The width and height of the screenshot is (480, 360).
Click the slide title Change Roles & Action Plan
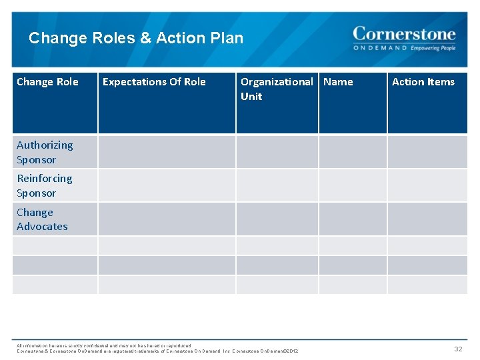click(x=136, y=38)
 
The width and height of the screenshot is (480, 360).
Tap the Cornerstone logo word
click(x=404, y=34)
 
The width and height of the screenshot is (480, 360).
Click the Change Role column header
click(x=47, y=82)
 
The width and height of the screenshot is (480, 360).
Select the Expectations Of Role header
click(x=154, y=82)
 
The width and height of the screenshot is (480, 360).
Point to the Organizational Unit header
click(x=276, y=89)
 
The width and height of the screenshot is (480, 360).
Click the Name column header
click(x=338, y=82)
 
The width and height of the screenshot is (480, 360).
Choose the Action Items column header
click(x=423, y=82)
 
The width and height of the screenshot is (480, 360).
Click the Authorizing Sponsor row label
click(x=45, y=152)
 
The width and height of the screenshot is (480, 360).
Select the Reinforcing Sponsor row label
click(x=44, y=185)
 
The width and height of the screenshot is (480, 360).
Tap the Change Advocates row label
click(x=42, y=219)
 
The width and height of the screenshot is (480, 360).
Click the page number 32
click(x=458, y=349)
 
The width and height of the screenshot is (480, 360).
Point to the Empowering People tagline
click(x=433, y=48)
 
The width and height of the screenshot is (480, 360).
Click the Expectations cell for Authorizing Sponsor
click(x=167, y=152)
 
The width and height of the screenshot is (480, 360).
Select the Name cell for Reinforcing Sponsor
click(x=353, y=185)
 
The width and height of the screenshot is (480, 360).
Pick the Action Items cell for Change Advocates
click(x=427, y=219)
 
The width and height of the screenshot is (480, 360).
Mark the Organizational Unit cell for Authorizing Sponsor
click(x=277, y=152)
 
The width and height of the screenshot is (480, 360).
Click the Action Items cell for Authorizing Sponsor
click(x=427, y=152)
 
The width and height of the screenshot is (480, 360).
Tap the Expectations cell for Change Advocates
click(x=167, y=219)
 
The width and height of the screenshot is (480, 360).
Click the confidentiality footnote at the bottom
click(x=157, y=348)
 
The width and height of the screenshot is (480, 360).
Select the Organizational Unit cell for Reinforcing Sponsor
click(x=277, y=185)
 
